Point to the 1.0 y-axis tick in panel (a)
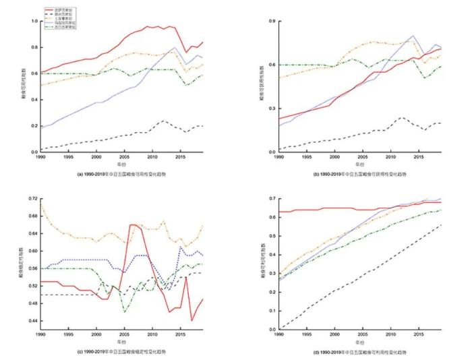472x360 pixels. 34,22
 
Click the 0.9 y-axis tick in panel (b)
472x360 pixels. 268,22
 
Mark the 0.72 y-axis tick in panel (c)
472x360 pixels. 32,199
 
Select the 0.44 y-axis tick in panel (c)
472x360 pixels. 32,320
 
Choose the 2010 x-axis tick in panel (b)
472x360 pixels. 390,157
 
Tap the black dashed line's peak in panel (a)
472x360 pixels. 163,121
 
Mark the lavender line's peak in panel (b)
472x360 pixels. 413,36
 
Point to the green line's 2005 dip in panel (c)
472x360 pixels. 124,312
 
